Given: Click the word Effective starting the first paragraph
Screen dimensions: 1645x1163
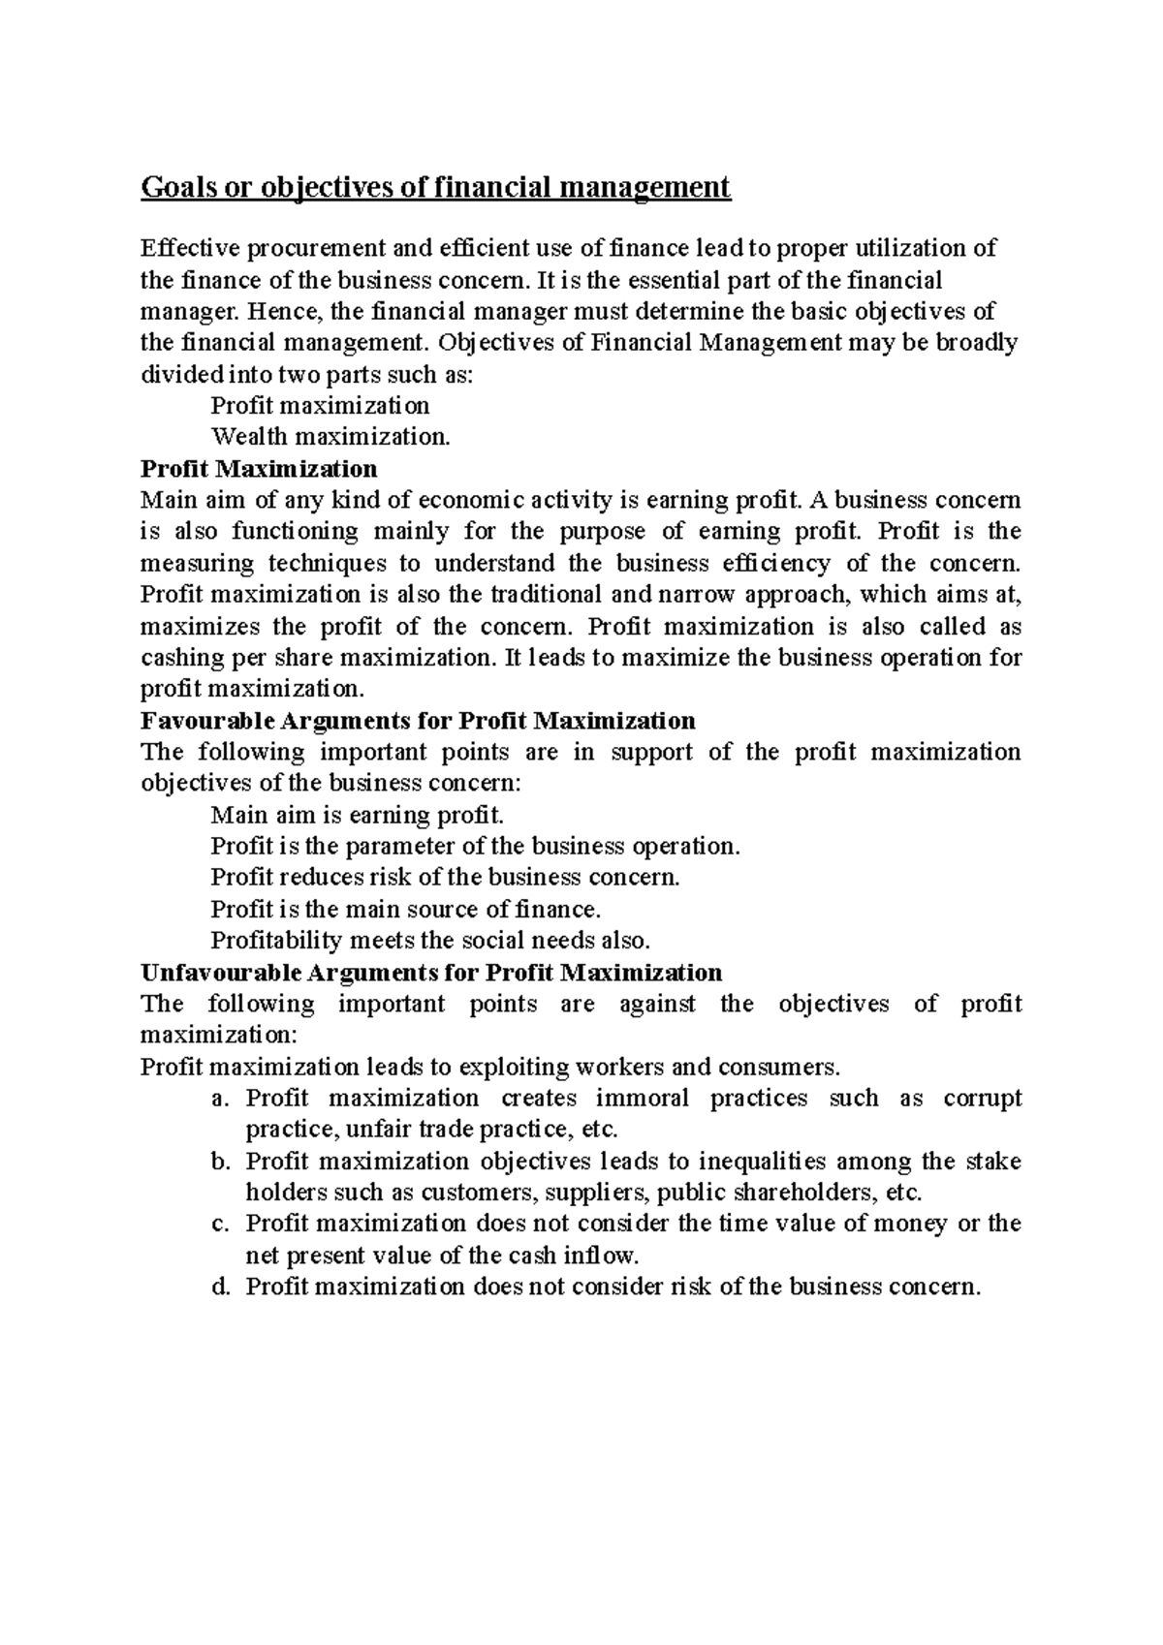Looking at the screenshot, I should point(188,249).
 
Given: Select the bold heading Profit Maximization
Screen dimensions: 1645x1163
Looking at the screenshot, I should point(259,469).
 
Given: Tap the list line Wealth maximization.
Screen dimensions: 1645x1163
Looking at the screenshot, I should point(330,437).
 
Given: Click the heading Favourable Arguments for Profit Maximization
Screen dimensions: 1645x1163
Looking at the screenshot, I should point(418,721).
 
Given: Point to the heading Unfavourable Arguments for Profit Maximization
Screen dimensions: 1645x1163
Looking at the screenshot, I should point(431,972).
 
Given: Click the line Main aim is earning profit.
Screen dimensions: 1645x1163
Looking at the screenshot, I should point(357,815).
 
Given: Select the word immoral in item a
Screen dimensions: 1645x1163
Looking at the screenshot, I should point(642,1099).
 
